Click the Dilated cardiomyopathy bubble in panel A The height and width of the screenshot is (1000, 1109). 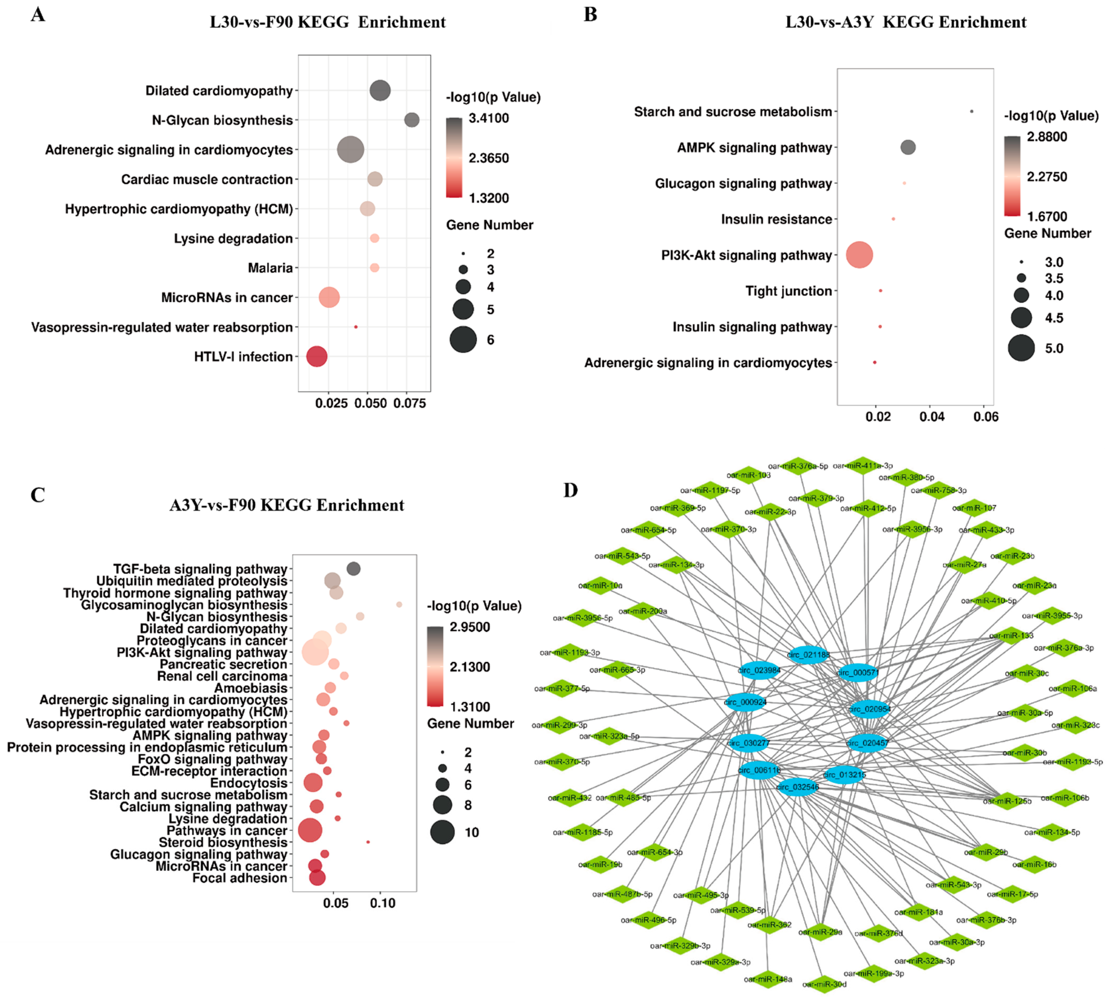(380, 91)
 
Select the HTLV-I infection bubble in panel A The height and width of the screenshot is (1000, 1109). (317, 357)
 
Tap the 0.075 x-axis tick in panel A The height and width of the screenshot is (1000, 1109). (409, 403)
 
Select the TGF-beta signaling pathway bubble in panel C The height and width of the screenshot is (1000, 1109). (353, 569)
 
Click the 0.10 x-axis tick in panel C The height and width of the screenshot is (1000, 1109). (382, 903)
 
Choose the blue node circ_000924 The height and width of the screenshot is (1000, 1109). (746, 702)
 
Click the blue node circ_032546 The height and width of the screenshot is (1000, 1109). (797, 787)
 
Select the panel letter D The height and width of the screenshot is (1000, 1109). (571, 490)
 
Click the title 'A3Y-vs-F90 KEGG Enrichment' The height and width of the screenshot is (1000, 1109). (287, 505)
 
